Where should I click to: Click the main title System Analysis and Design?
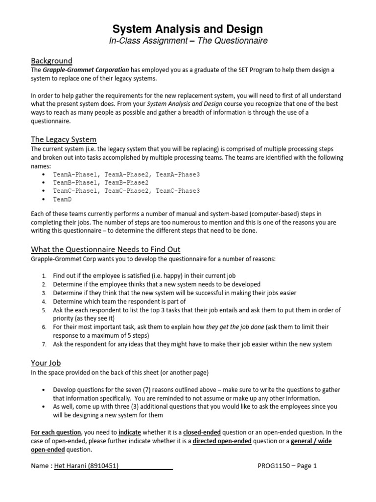pyautogui.click(x=188, y=29)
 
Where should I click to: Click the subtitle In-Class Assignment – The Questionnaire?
pyautogui.click(x=188, y=41)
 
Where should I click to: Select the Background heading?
pyautogui.click(x=51, y=61)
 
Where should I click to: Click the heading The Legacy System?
pyautogui.click(x=64, y=139)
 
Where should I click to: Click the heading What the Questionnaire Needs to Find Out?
pyautogui.click(x=106, y=249)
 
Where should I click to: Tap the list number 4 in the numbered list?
pyautogui.click(x=44, y=301)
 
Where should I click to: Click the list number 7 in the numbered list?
pyautogui.click(x=44, y=344)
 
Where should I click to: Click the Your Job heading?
pyautogui.click(x=46, y=363)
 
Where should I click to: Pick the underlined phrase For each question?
pyautogui.click(x=56, y=432)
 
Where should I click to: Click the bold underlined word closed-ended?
pyautogui.click(x=202, y=432)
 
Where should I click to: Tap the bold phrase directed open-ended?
pyautogui.click(x=222, y=441)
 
